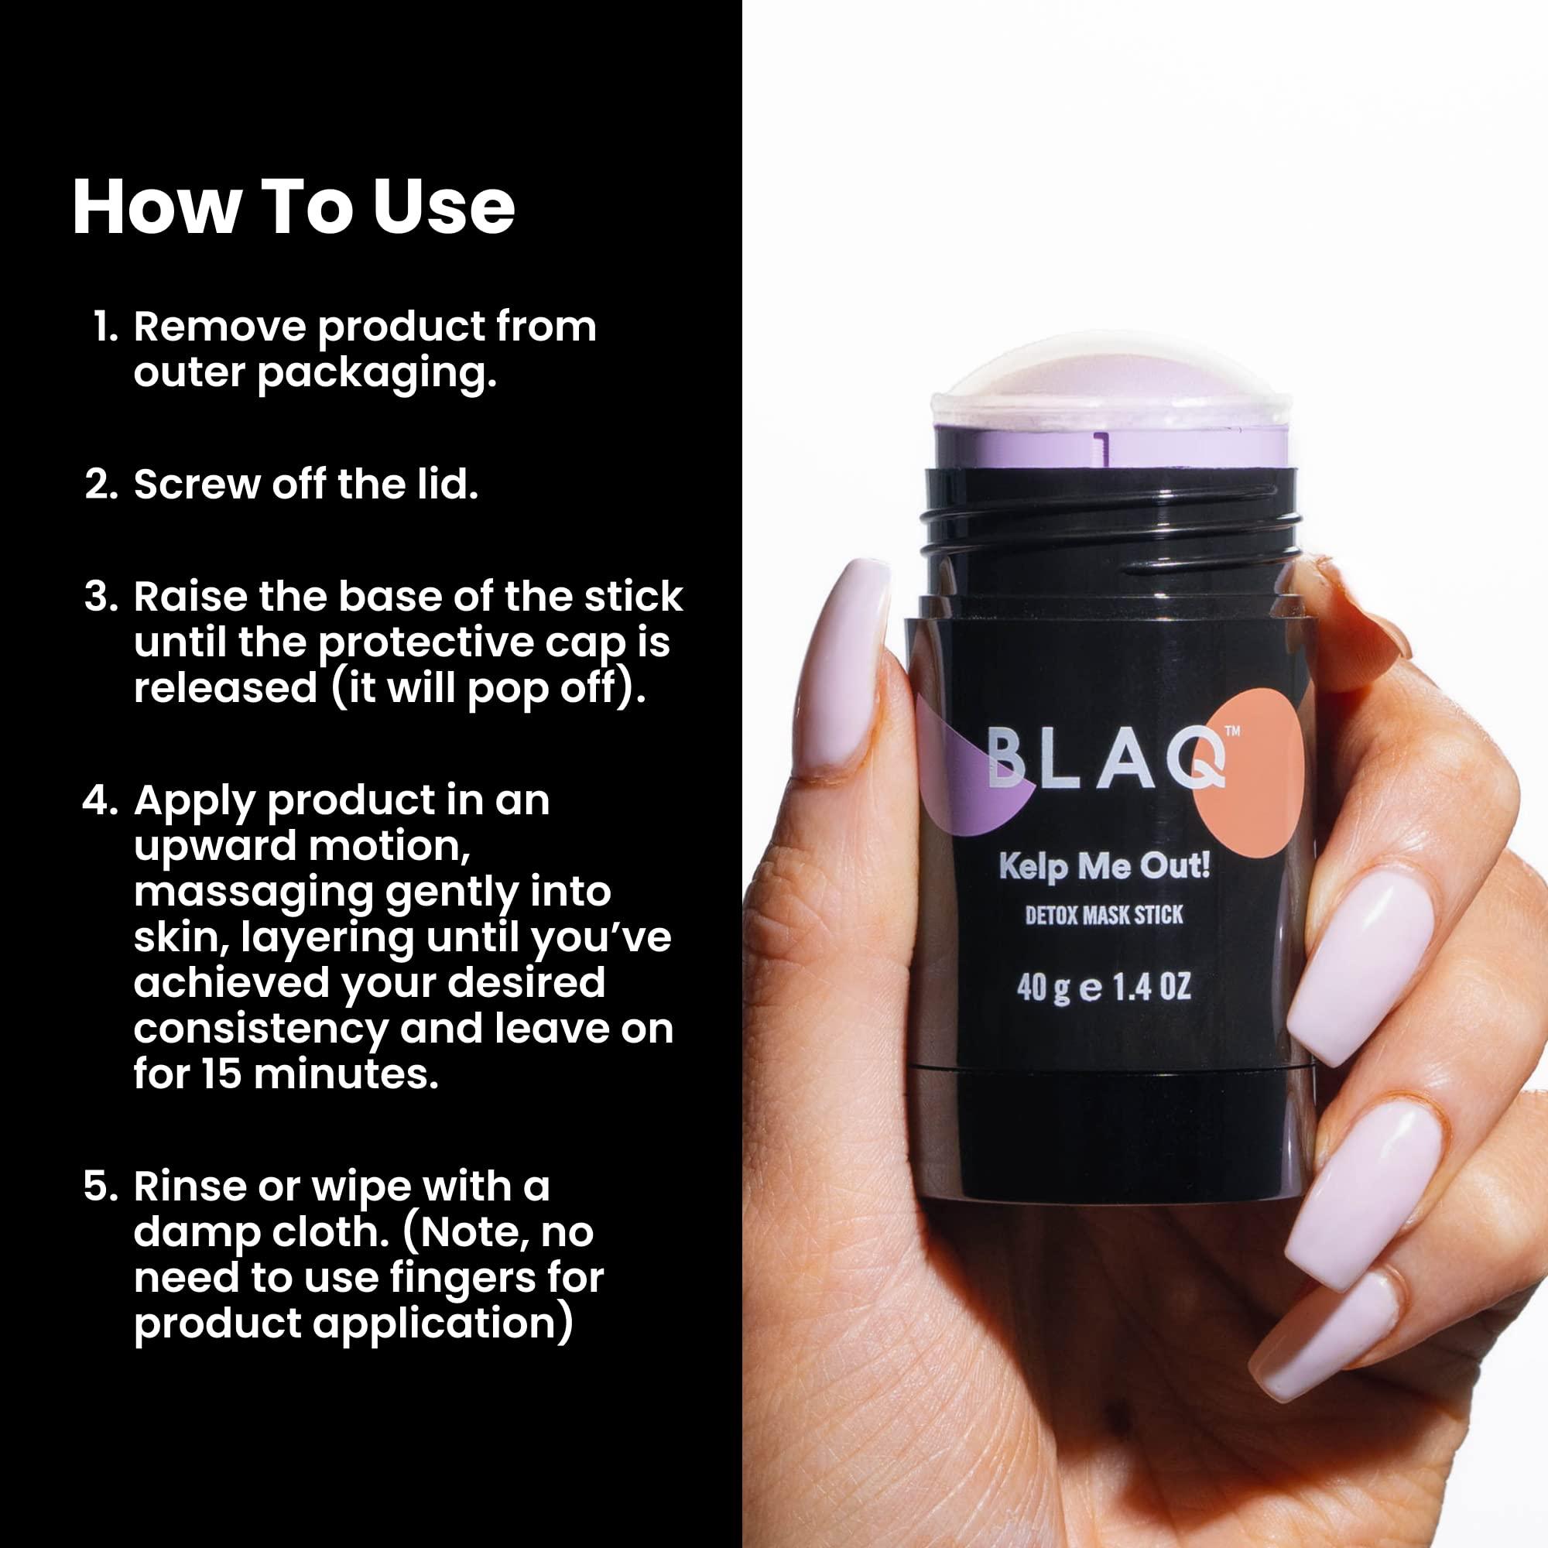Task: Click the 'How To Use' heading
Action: (293, 207)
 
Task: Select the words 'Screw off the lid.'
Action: (305, 484)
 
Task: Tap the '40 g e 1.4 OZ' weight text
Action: (1103, 987)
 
